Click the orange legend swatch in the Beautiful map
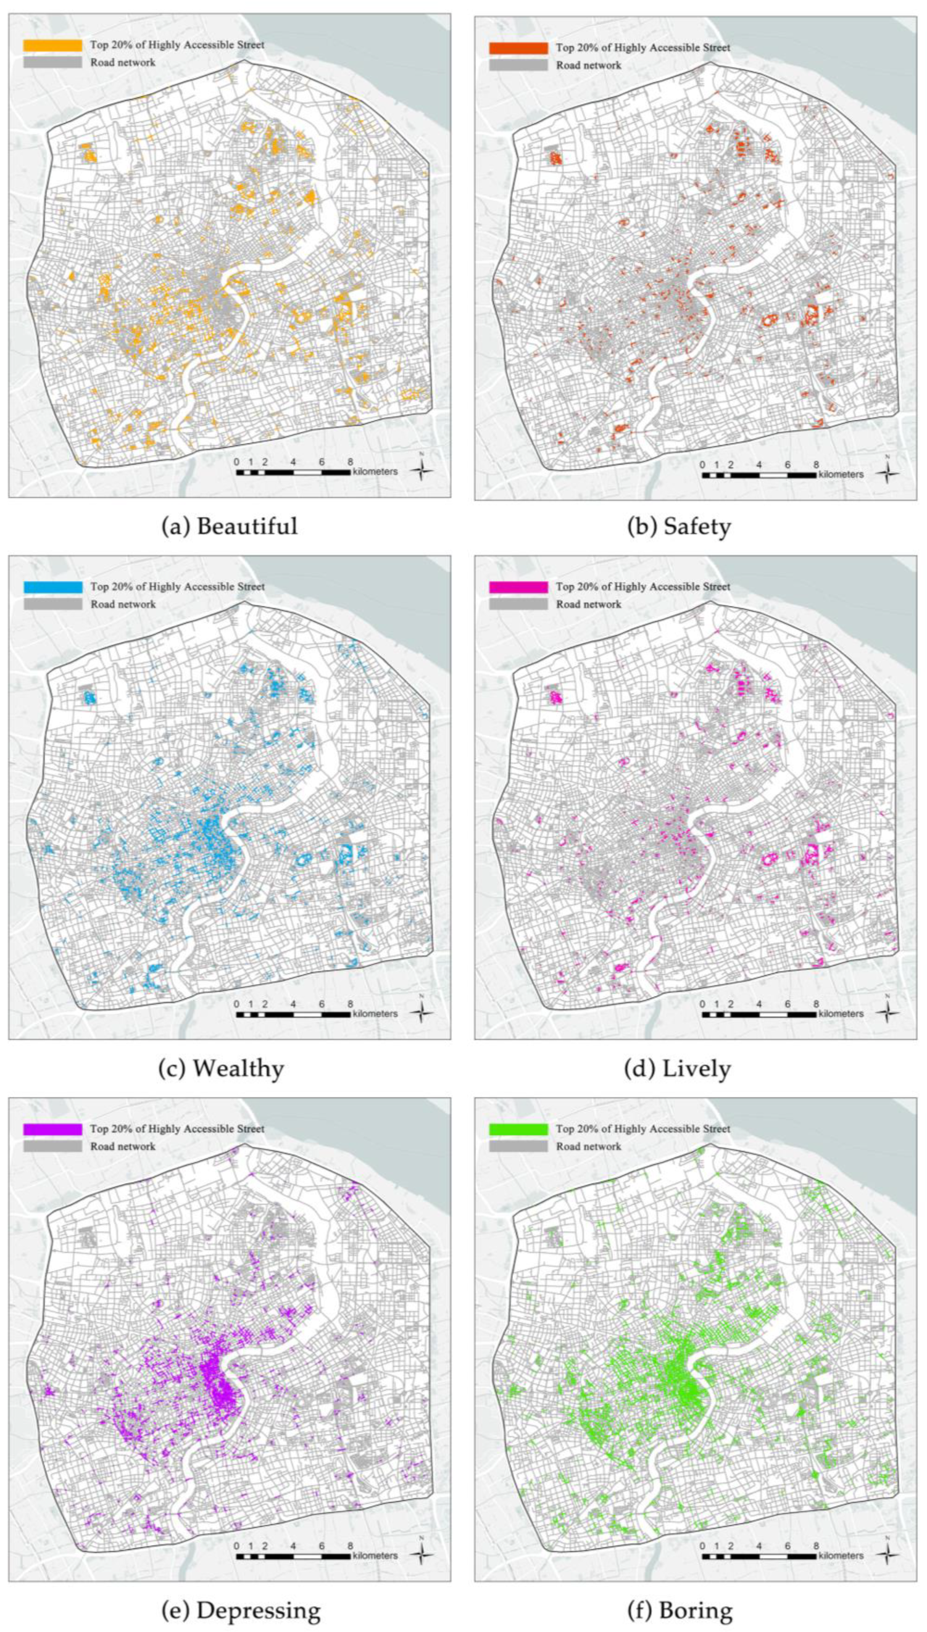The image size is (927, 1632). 53,45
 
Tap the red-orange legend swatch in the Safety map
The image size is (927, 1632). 518,48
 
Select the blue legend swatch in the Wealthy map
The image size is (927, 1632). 53,587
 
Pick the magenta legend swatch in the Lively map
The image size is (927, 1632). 518,587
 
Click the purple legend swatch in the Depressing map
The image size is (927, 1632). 53,1129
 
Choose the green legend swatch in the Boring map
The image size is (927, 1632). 518,1129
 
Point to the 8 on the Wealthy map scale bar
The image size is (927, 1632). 350,1004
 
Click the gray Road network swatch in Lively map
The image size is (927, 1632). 518,604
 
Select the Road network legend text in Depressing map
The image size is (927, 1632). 123,1146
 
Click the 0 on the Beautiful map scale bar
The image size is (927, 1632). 236,462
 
